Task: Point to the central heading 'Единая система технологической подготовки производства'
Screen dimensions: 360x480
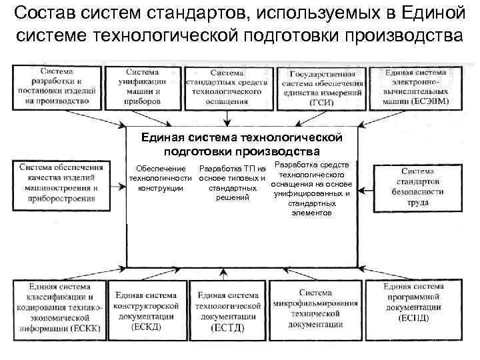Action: [241, 144]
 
